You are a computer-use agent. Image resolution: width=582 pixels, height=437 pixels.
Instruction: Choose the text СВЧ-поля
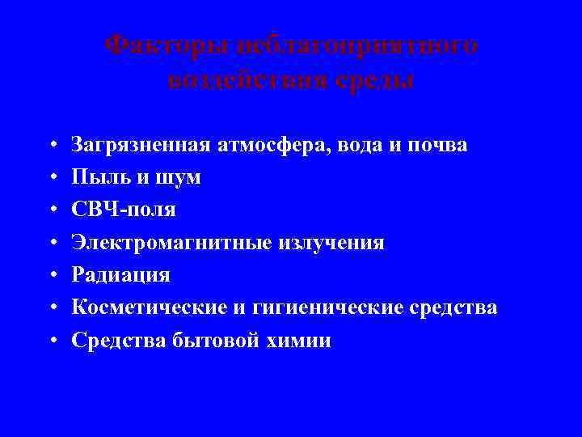click(x=122, y=210)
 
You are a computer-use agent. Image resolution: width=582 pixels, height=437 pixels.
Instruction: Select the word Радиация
click(x=120, y=275)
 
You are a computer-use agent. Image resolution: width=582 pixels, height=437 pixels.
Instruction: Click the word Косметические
click(x=150, y=308)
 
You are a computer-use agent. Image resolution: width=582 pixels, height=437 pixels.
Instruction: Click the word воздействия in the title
click(x=242, y=80)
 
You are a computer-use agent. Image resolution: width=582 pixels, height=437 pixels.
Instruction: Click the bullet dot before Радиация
click(x=52, y=276)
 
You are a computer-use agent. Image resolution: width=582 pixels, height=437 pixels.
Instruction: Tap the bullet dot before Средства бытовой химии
click(x=52, y=341)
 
